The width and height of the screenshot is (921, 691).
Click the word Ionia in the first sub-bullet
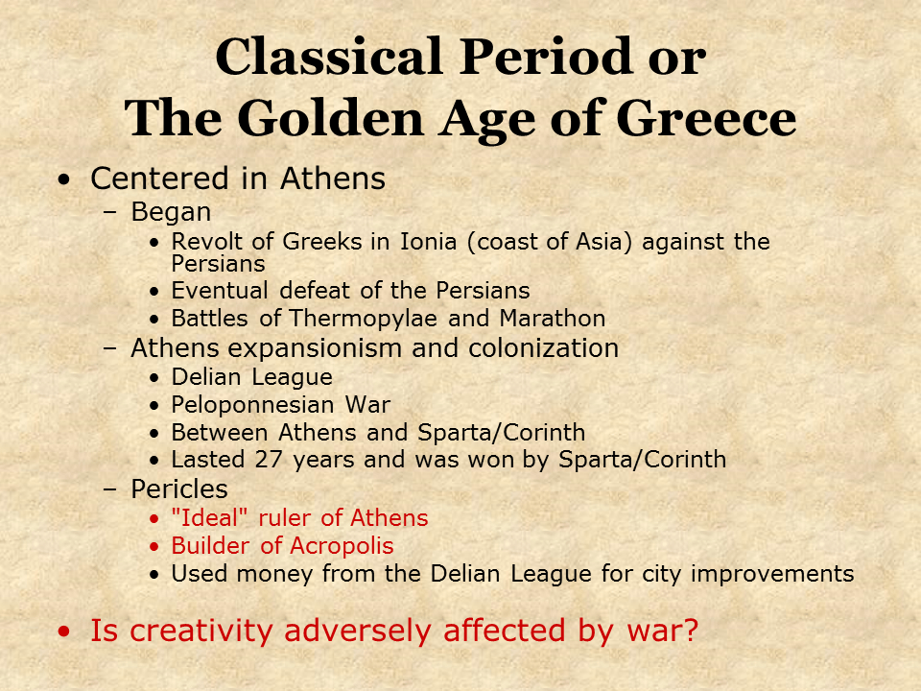coord(424,242)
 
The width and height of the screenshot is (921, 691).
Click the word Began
coord(171,212)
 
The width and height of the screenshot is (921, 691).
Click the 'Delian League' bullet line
coord(251,377)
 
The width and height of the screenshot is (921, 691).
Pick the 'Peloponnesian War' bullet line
coord(280,405)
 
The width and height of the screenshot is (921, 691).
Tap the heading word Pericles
coord(179,488)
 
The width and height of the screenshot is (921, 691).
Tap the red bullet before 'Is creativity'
coord(64,631)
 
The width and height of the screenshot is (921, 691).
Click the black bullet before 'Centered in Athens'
coord(64,179)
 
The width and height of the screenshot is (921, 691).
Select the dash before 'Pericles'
coord(109,489)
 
